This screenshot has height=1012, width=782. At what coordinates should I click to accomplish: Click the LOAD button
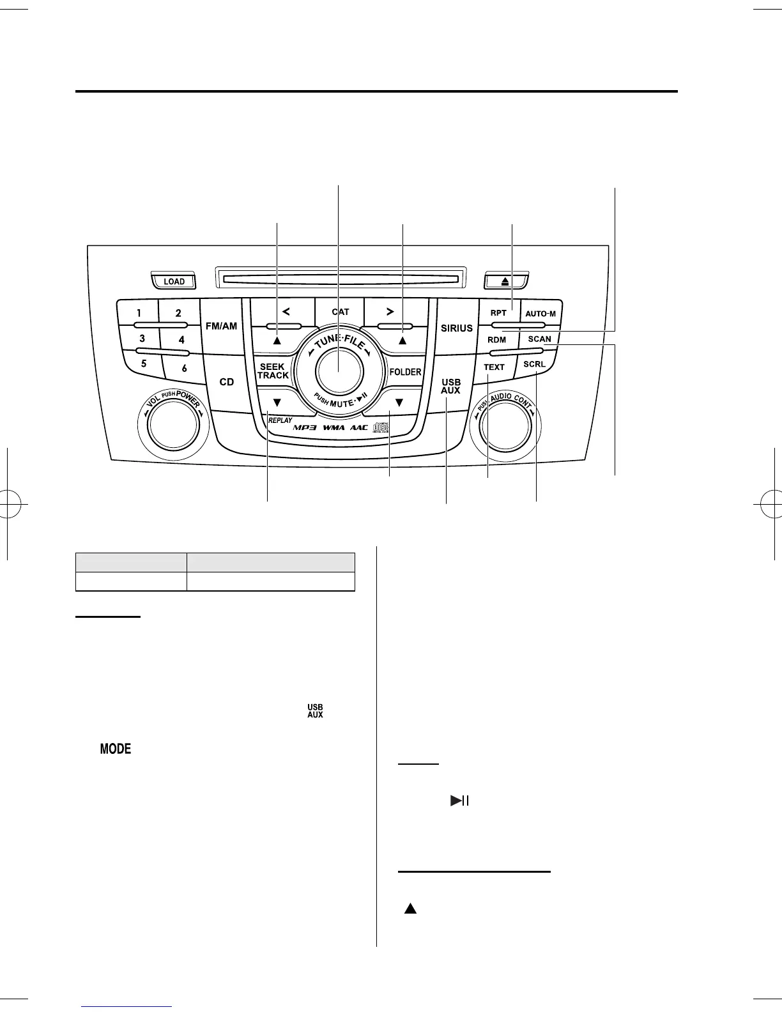click(174, 281)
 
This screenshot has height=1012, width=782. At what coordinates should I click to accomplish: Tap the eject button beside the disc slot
click(505, 280)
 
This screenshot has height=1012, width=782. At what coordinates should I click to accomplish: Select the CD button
click(227, 382)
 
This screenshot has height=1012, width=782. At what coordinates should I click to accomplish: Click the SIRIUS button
click(457, 328)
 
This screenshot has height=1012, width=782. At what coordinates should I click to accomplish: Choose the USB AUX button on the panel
click(450, 387)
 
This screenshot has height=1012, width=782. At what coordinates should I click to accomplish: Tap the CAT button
click(341, 312)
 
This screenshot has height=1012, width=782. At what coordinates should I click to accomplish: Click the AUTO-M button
click(540, 314)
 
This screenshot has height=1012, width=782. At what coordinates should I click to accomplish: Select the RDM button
click(497, 340)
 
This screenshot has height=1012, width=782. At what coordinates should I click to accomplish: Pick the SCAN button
click(539, 339)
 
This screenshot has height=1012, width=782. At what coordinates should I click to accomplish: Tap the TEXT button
click(494, 367)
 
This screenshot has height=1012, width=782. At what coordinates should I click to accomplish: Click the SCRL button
click(534, 364)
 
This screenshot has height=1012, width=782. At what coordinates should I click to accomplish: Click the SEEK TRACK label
click(273, 371)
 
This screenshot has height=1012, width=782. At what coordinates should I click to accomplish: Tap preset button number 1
click(139, 313)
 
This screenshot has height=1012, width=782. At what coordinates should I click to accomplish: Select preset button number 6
click(184, 368)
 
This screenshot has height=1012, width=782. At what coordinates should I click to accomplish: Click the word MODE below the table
click(116, 749)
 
